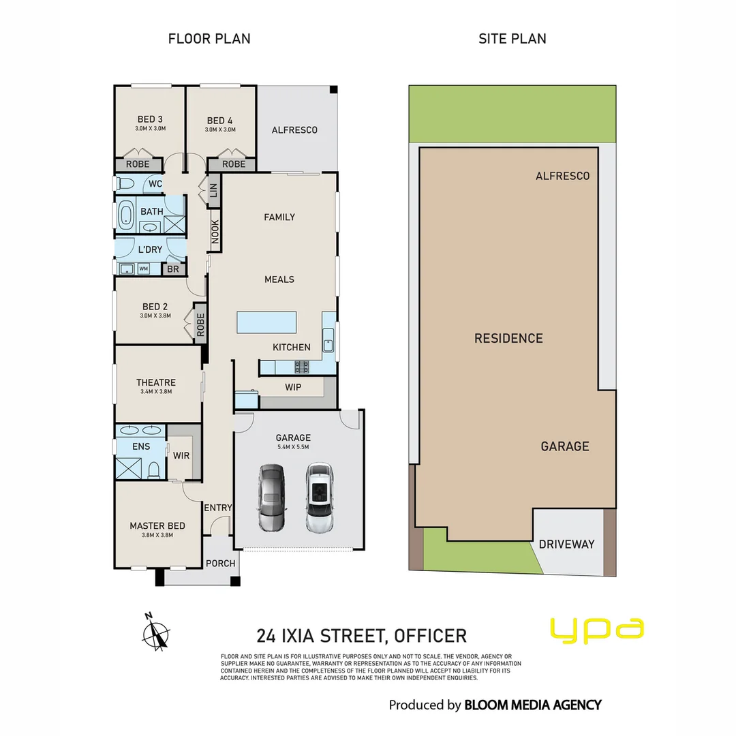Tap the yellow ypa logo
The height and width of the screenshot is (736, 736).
click(x=596, y=630)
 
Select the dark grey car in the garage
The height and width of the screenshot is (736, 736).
click(x=272, y=498)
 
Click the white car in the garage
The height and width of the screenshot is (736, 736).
click(x=318, y=498)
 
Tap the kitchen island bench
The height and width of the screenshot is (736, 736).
click(x=267, y=322)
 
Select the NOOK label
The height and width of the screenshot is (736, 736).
click(x=215, y=230)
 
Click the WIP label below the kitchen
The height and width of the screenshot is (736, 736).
click(x=293, y=387)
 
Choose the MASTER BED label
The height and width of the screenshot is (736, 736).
click(x=157, y=525)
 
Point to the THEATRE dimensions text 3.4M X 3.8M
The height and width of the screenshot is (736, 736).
click(x=156, y=392)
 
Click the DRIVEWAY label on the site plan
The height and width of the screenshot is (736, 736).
click(x=566, y=544)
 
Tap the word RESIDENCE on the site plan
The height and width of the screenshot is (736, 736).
click(x=508, y=338)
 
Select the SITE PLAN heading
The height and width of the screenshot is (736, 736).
click(x=512, y=38)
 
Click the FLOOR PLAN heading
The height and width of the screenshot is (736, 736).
click(x=209, y=38)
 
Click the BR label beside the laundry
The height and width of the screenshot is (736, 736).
click(x=173, y=269)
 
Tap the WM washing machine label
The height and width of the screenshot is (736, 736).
click(x=144, y=269)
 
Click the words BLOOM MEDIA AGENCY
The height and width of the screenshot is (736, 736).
click(x=532, y=705)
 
